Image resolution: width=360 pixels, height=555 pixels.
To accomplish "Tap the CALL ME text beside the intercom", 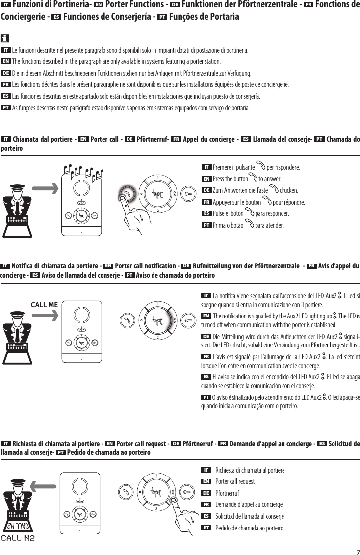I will pyautogui.click(x=44, y=304).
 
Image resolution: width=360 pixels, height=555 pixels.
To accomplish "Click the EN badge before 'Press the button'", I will pyautogui.click(x=207, y=179).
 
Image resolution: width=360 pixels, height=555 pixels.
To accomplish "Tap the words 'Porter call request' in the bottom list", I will pyautogui.click(x=235, y=481).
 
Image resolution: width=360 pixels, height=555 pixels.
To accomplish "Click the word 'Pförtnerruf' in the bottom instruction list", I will pyautogui.click(x=227, y=493).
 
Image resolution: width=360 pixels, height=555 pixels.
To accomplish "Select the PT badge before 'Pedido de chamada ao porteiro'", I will pyautogui.click(x=207, y=528).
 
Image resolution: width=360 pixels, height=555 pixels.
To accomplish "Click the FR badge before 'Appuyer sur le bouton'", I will pyautogui.click(x=207, y=202).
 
